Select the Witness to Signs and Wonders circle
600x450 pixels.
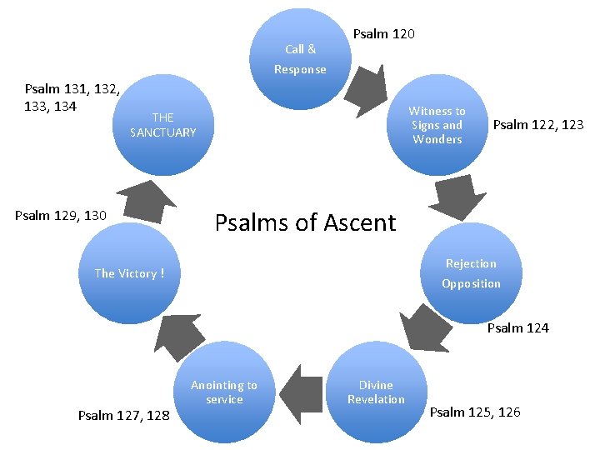[x=437, y=125]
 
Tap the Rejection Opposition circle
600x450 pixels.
[x=471, y=273]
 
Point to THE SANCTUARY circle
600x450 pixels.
[x=163, y=125]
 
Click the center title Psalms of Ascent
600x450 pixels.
[x=306, y=222]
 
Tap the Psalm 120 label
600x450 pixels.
[x=384, y=34]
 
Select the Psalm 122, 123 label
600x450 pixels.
[x=538, y=125]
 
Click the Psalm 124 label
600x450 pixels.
[x=518, y=327]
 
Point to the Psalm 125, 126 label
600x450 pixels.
[x=475, y=412]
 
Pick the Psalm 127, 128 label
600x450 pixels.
[x=123, y=415]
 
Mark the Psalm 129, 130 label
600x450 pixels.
[x=61, y=216]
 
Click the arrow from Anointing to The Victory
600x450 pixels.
[x=177, y=334]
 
